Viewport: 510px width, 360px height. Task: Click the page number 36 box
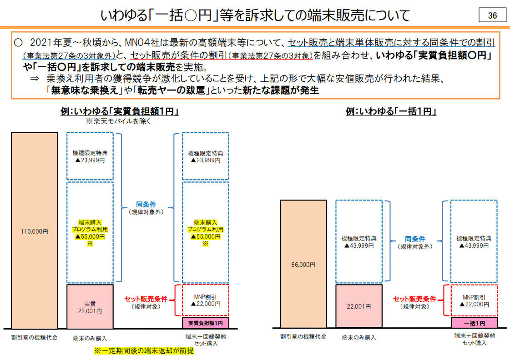[x=492, y=15]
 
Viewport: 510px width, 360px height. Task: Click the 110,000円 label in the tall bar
[x=35, y=232]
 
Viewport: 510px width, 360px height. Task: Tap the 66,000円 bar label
[x=303, y=265]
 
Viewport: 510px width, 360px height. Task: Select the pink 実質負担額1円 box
[x=206, y=323]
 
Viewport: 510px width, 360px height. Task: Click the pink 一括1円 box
[x=474, y=323]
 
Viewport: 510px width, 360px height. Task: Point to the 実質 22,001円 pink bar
[x=90, y=307]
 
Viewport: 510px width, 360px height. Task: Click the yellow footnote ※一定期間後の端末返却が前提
[x=144, y=351]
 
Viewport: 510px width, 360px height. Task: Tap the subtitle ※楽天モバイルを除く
[x=118, y=121]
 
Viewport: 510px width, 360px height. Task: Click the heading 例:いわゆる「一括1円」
[x=391, y=111]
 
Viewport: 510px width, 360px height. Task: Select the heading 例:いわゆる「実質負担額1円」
[x=119, y=111]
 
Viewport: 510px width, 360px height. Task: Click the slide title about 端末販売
[x=255, y=15]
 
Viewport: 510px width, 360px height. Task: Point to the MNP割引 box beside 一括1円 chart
[x=474, y=300]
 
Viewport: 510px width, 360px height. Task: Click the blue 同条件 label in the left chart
[x=146, y=205]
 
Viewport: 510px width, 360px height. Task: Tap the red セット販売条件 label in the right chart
[x=414, y=299]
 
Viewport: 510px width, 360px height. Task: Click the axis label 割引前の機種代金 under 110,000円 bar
[x=35, y=338]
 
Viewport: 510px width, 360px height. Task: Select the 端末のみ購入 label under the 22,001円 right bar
[x=359, y=338]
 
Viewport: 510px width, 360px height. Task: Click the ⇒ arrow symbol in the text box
[x=35, y=78]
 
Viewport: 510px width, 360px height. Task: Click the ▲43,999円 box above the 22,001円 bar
[x=359, y=241]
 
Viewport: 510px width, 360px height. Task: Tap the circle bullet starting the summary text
[x=18, y=43]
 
